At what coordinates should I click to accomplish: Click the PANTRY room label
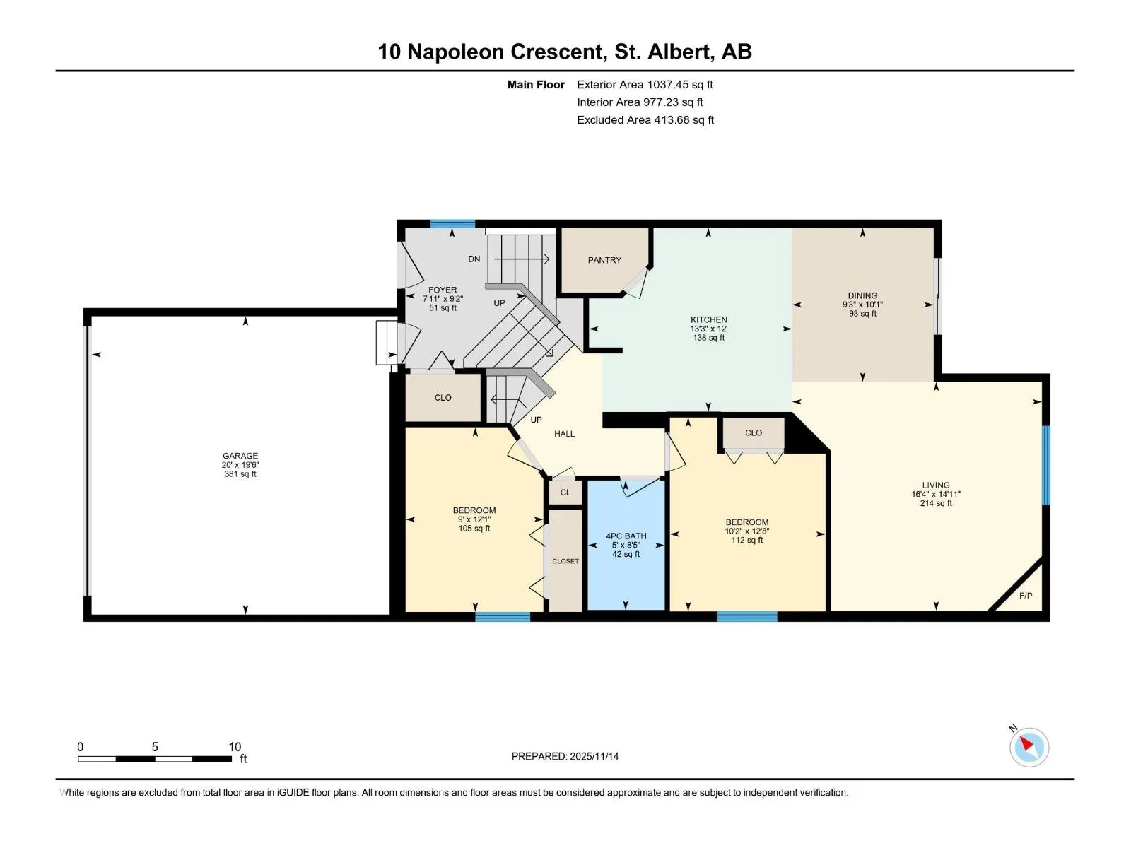(x=604, y=260)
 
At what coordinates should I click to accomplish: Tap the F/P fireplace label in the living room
(x=1026, y=596)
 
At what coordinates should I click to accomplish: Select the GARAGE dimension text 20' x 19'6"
(x=240, y=464)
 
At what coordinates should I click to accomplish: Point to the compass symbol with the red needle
(x=1029, y=747)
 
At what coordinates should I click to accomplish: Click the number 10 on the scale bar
(x=235, y=746)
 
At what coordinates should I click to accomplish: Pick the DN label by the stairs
(x=474, y=259)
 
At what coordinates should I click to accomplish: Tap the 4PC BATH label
(x=626, y=536)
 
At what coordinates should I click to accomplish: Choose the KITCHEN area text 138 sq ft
(x=708, y=338)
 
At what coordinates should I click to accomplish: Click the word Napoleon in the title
(x=455, y=52)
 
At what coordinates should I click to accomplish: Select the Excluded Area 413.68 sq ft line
(x=645, y=120)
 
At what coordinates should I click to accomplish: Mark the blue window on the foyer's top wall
(x=452, y=224)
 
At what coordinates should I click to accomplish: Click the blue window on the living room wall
(x=1045, y=466)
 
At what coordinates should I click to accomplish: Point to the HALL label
(x=564, y=434)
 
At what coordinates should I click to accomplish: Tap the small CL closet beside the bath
(x=565, y=493)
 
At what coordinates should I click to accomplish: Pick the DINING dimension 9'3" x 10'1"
(x=862, y=305)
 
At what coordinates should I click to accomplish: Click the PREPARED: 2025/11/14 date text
(x=565, y=756)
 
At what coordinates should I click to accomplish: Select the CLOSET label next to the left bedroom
(x=565, y=561)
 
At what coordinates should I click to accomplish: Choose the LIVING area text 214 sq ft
(x=936, y=503)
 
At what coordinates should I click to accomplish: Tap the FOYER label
(x=442, y=290)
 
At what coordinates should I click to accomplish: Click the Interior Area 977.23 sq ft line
(x=640, y=102)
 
